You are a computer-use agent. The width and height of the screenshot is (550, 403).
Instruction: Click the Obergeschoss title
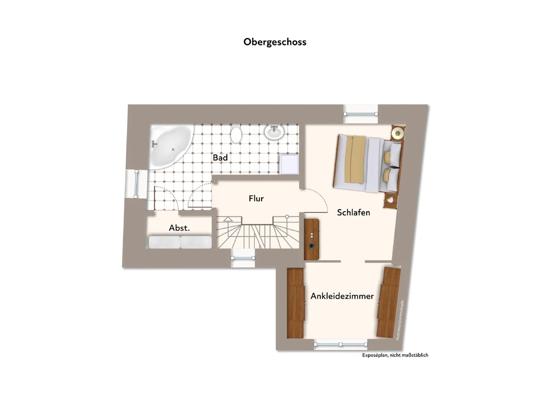275,42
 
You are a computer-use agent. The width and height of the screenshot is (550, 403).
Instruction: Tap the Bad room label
220,158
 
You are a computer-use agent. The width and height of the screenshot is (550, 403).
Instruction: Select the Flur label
256,199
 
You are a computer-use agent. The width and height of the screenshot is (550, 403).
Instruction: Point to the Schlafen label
353,212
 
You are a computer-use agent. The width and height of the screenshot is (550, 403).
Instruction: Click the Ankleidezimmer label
342,296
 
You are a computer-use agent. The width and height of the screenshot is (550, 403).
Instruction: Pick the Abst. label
179,228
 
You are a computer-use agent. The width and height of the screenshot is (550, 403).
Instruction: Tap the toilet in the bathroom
236,134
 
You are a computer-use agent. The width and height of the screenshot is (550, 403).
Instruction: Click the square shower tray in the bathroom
289,164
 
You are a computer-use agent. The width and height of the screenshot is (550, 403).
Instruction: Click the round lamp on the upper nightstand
397,133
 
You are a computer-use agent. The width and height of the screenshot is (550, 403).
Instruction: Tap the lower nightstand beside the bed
390,200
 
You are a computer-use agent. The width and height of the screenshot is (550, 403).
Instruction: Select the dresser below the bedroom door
311,239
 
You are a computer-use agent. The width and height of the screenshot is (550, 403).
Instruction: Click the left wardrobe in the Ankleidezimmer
296,303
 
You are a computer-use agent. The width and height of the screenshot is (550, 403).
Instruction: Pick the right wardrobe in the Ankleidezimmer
389,303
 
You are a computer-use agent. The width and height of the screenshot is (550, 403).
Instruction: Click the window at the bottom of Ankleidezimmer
341,344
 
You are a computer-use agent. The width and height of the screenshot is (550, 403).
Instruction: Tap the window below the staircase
243,258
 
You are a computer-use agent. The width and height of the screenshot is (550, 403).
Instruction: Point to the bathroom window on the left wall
136,184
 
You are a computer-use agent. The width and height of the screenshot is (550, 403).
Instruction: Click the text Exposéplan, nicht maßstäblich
395,355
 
